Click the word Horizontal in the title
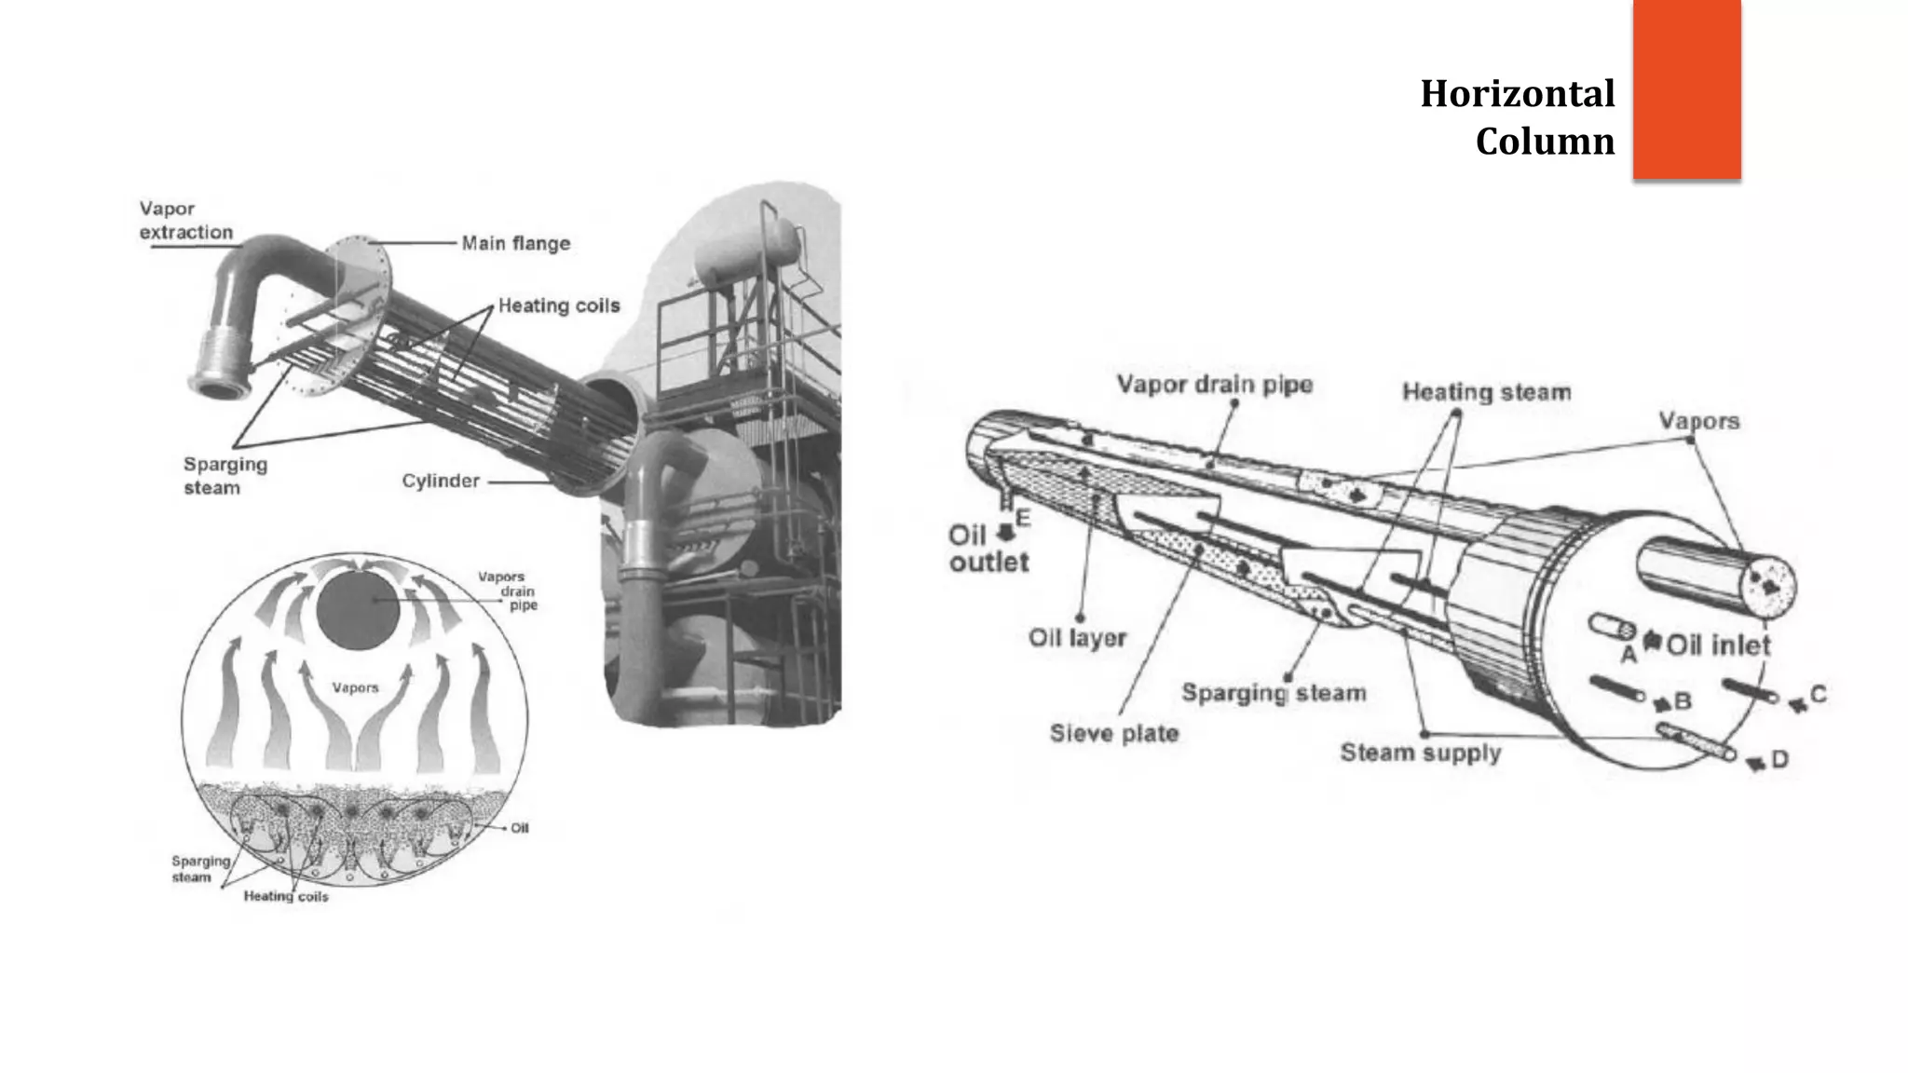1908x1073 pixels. point(1517,94)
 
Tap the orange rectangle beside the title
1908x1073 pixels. point(1686,88)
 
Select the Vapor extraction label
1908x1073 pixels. point(185,221)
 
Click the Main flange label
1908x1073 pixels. point(515,243)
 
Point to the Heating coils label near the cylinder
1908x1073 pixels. point(558,306)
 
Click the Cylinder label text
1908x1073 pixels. point(441,481)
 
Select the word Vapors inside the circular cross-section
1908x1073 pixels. point(355,687)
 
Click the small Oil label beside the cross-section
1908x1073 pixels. point(519,828)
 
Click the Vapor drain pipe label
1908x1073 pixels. point(1214,384)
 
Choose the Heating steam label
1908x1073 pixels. point(1486,392)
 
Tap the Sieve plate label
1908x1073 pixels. point(1113,733)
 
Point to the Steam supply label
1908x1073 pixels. point(1420,753)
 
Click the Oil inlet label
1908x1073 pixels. point(1717,645)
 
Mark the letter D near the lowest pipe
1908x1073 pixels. point(1779,759)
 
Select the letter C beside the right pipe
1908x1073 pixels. point(1818,694)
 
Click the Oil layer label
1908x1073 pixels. point(1077,638)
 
